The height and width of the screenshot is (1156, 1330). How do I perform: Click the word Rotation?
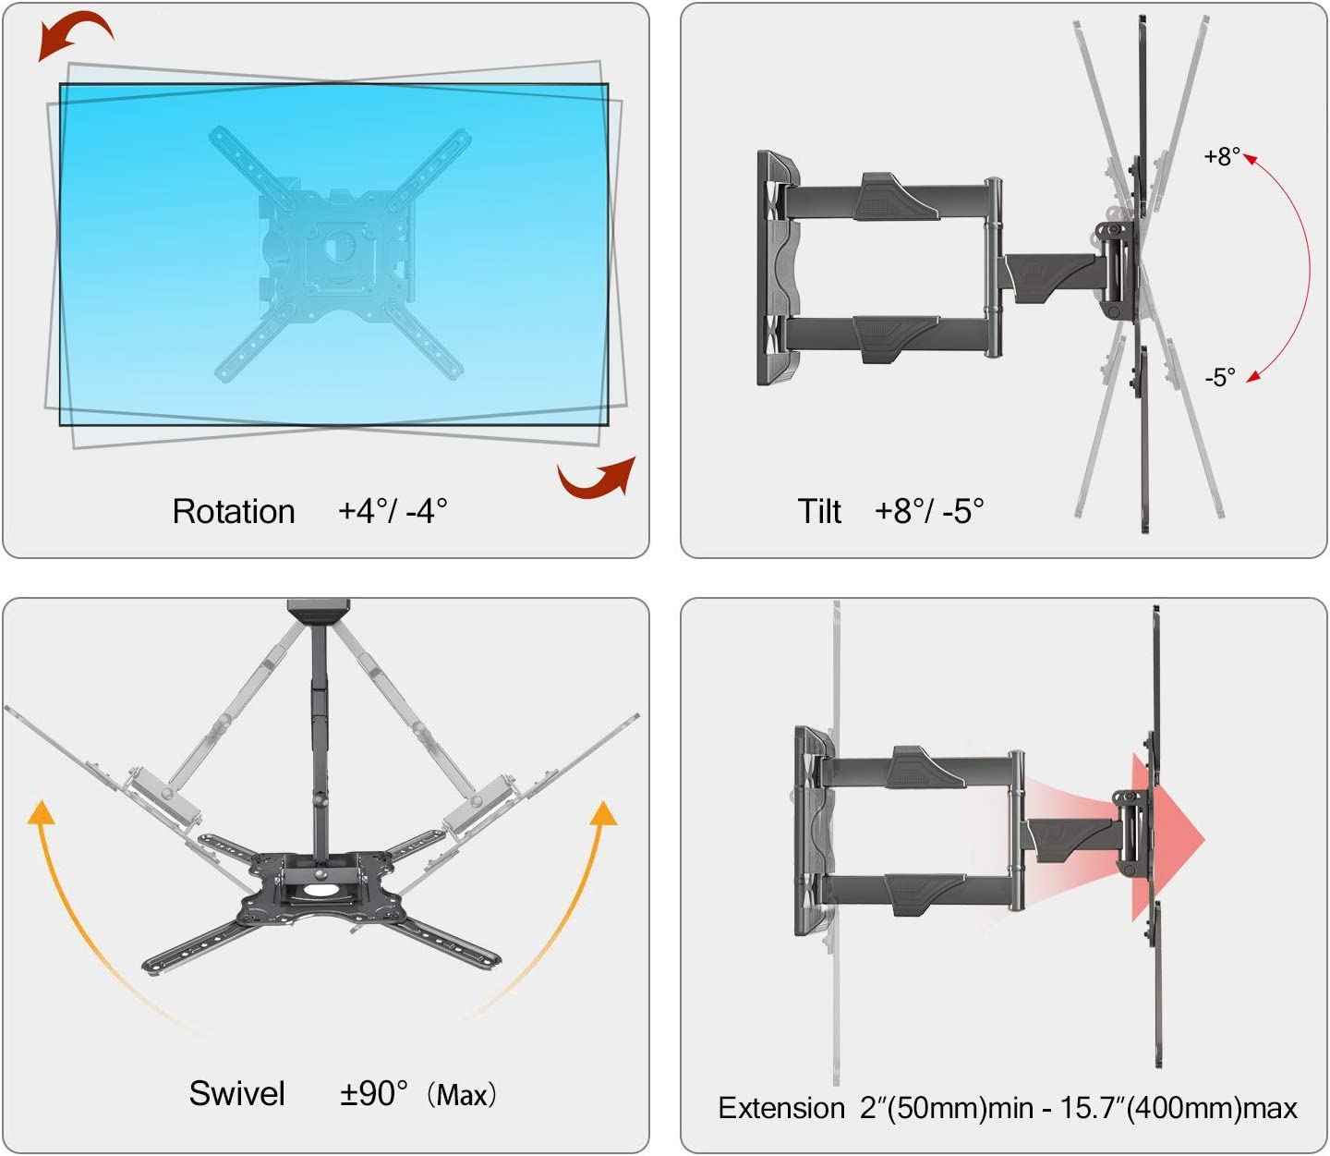pos(234,512)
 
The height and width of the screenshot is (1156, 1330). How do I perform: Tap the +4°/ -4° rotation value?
pos(392,511)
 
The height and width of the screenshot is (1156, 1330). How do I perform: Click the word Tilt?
pos(819,511)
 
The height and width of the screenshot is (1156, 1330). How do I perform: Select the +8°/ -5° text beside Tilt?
pos(929,511)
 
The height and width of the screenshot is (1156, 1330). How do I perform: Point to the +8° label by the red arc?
pos(1221,157)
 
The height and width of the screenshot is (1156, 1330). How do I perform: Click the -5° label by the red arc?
pos(1219,377)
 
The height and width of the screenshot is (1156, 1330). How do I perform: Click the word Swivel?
pos(236,1093)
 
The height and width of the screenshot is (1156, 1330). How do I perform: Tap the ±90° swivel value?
pos(374,1093)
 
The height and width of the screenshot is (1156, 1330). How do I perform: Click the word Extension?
pos(781,1108)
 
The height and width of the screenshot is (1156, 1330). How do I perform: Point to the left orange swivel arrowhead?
pos(42,812)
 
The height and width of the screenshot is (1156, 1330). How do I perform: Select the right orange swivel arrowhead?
pos(604,813)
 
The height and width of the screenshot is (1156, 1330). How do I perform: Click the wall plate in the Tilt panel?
pos(779,268)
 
